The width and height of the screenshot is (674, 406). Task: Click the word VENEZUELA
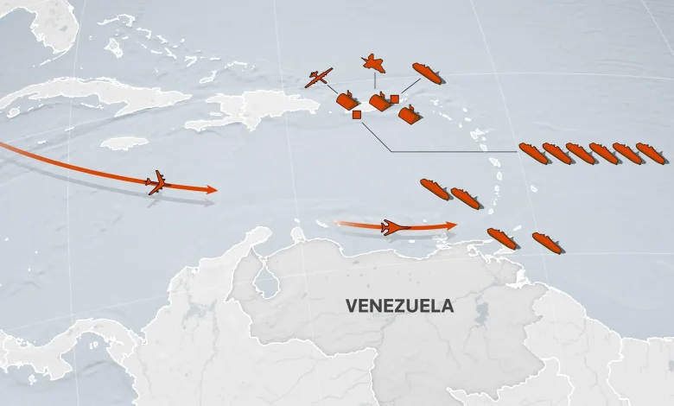[x=399, y=306]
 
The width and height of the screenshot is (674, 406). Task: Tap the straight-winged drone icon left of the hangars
[x=318, y=79]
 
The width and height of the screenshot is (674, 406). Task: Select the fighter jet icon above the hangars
[x=373, y=62]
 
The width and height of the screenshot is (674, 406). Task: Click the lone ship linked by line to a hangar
[x=427, y=73]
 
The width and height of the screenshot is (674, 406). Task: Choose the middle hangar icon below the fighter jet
[x=379, y=101]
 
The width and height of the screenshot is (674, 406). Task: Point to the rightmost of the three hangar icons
[x=410, y=115]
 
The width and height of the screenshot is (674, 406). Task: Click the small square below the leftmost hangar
[x=357, y=114]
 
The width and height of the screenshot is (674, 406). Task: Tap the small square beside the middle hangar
[x=395, y=99]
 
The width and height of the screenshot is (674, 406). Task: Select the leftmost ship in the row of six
[x=533, y=153]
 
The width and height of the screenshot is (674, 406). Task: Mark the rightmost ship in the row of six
[x=651, y=153]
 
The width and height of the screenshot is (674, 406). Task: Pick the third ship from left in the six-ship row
[x=580, y=153]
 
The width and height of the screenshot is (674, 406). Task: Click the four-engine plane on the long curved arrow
[x=157, y=182]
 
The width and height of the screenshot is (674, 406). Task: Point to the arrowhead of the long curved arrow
[x=212, y=188]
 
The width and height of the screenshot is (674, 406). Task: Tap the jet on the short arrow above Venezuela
[x=394, y=227]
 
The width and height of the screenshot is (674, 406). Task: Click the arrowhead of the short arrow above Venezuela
[x=452, y=225]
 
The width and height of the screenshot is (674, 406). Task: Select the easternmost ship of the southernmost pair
[x=547, y=243]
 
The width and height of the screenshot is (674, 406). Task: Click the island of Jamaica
[x=124, y=142]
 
